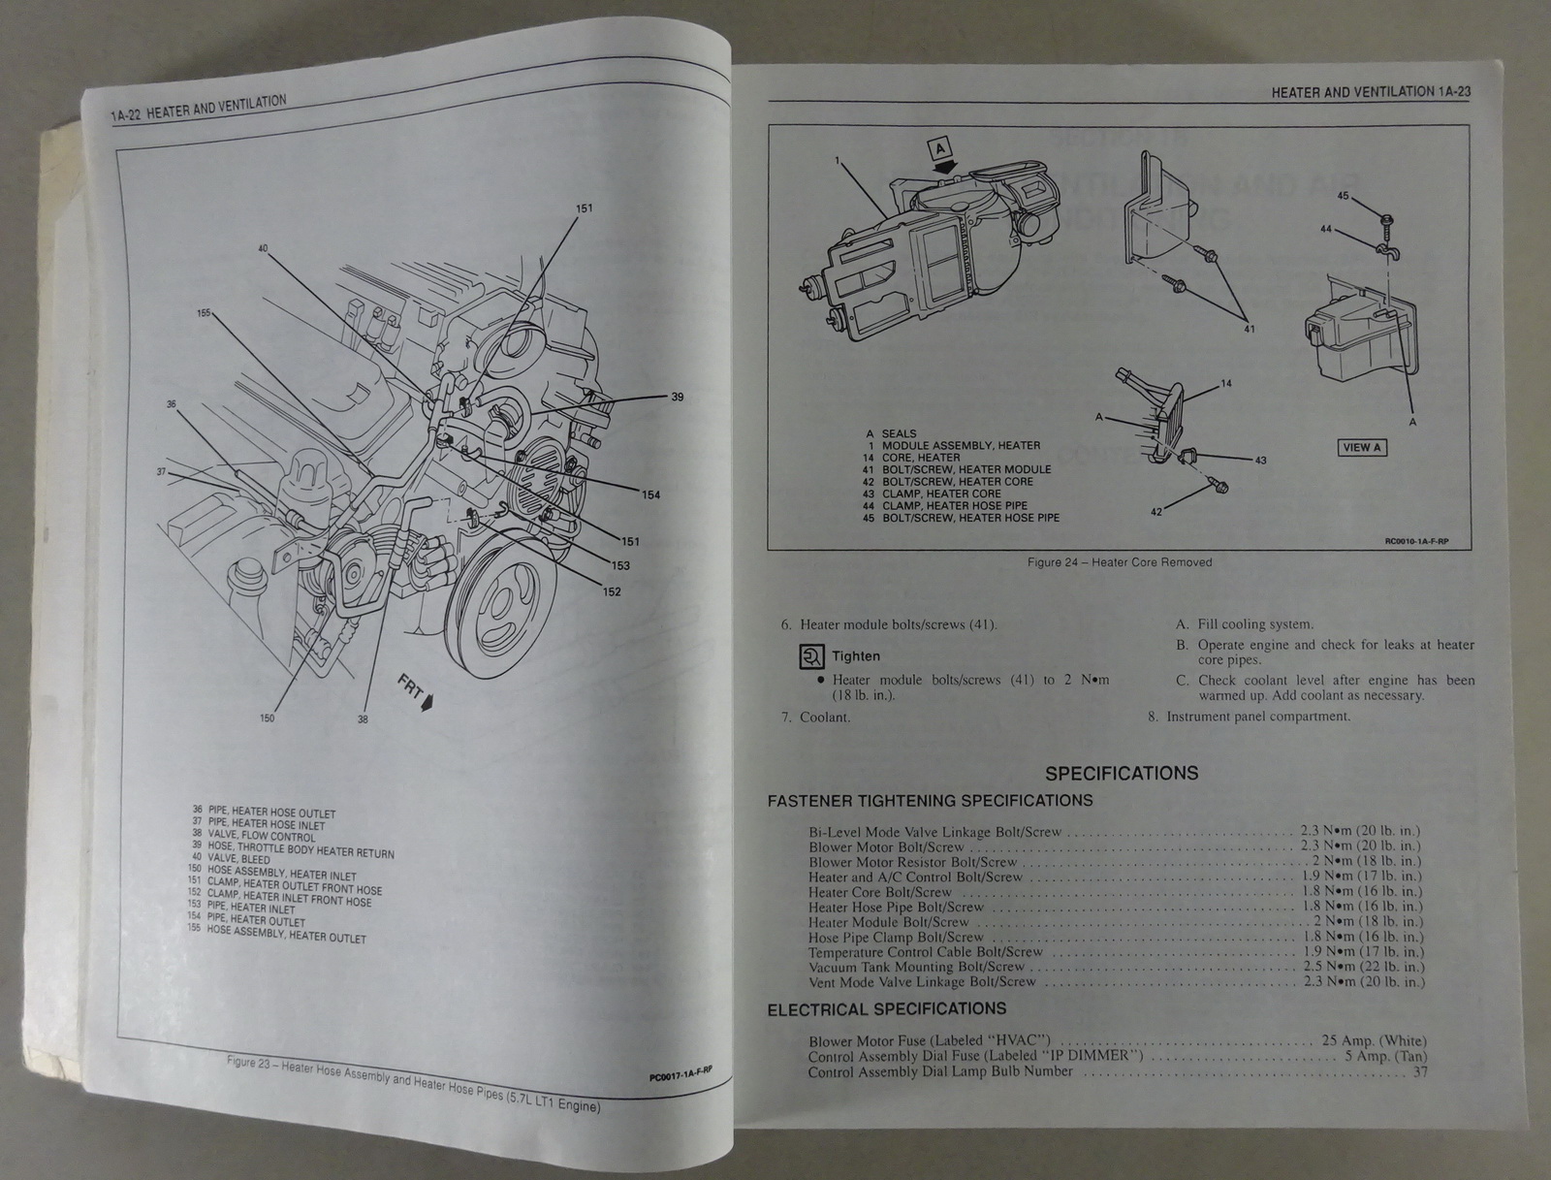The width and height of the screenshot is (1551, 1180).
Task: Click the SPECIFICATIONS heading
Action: tap(1122, 774)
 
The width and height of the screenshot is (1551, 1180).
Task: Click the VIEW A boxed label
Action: tap(1362, 447)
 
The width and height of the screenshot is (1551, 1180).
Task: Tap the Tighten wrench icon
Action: tap(810, 656)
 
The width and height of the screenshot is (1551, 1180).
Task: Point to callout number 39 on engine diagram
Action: tap(677, 397)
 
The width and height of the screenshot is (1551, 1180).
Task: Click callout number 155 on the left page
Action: tap(204, 313)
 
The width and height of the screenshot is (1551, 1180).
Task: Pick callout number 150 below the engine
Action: tap(267, 718)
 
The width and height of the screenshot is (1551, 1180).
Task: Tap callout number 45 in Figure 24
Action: tap(1343, 196)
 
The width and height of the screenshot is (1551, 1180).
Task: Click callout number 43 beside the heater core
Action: tap(1260, 461)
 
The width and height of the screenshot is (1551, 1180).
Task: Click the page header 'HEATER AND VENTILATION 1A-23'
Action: tap(1371, 92)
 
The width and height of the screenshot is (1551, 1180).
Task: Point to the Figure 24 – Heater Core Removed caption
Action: tap(1119, 562)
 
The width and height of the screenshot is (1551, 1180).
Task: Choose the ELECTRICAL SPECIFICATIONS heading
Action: tap(887, 1009)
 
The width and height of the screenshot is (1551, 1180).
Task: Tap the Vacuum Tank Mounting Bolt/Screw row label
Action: tap(916, 967)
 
